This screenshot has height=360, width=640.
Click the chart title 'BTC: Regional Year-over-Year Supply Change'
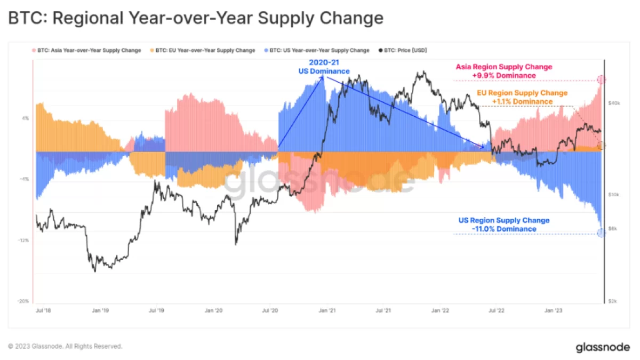[x=195, y=19]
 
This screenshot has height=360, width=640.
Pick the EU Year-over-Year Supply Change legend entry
[x=203, y=50]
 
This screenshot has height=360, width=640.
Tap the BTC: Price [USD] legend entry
[x=403, y=50]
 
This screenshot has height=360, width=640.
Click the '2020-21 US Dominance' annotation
[x=324, y=67]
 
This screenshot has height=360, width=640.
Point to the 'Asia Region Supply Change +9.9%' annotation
[x=503, y=71]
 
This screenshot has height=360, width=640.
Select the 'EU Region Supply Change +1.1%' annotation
[x=522, y=97]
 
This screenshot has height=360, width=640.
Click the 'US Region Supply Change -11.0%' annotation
[x=503, y=225]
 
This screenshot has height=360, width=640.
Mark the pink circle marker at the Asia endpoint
[x=601, y=80]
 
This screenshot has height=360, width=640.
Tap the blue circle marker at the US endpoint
[x=601, y=233]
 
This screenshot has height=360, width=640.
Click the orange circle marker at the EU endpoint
[x=601, y=145]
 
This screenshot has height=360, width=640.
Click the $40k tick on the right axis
[x=613, y=102]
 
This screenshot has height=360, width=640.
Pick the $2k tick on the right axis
[x=614, y=301]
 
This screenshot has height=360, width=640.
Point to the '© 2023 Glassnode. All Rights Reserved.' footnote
[x=65, y=346]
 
